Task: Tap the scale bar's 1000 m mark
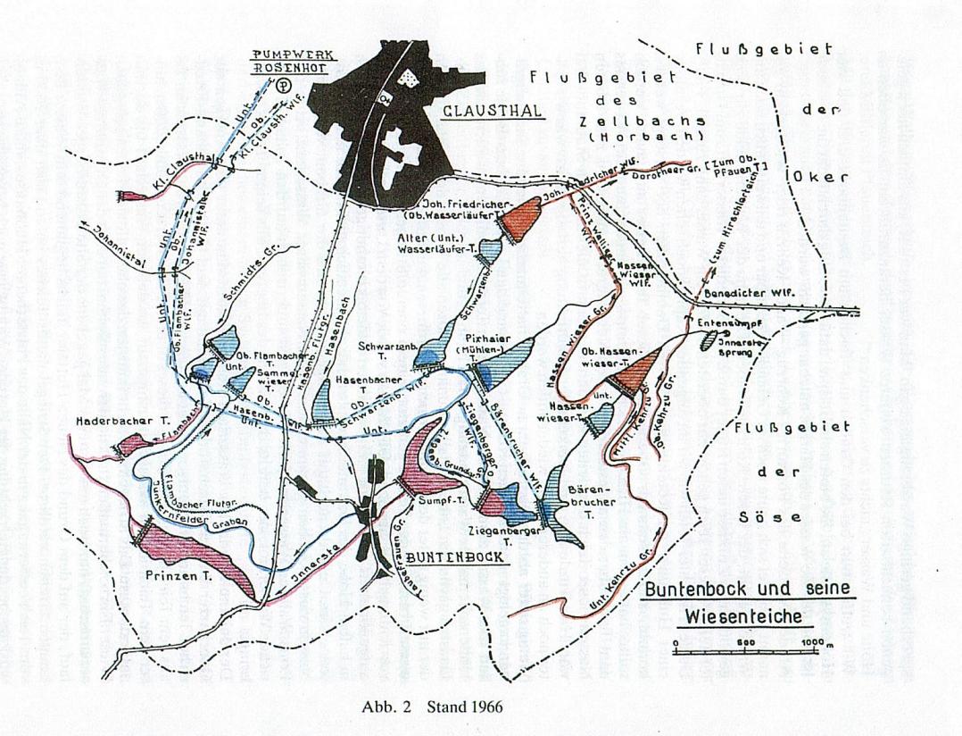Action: pyautogui.click(x=812, y=643)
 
